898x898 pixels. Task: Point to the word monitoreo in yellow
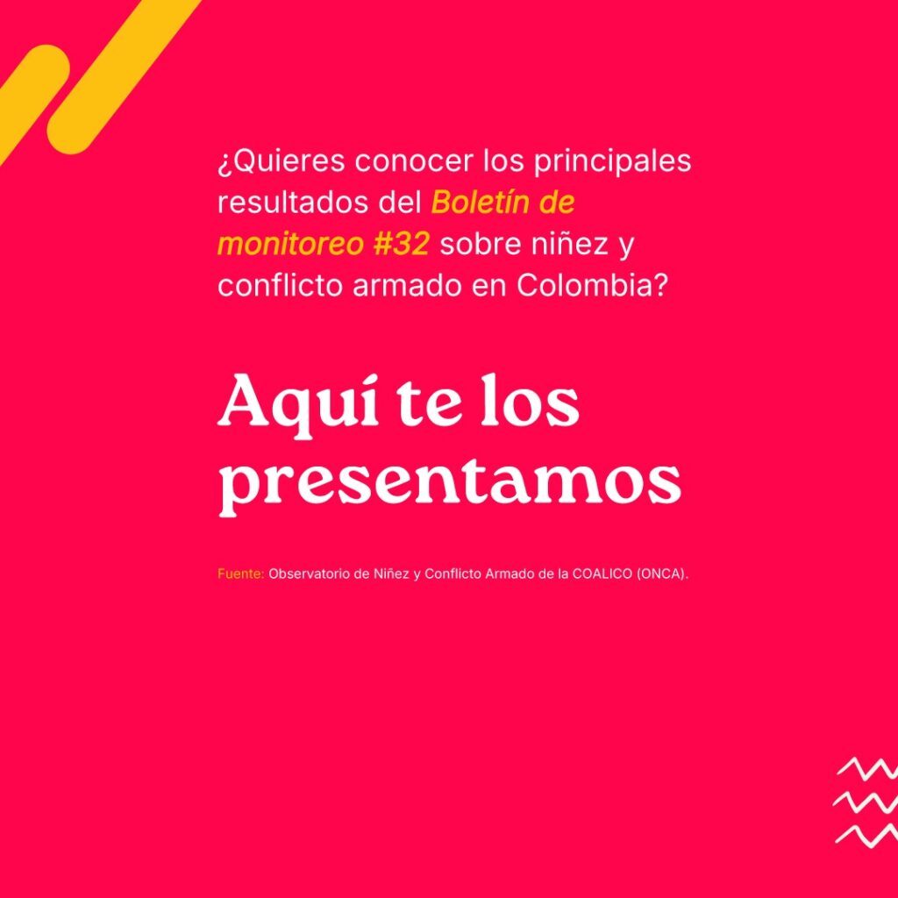(290, 245)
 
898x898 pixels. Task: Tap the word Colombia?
(592, 285)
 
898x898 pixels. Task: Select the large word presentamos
(450, 486)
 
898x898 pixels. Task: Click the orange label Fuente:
(240, 574)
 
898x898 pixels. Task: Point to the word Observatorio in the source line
(310, 574)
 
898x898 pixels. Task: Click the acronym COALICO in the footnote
(602, 574)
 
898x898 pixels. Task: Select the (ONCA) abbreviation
(662, 574)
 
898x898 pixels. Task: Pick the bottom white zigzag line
(866, 835)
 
